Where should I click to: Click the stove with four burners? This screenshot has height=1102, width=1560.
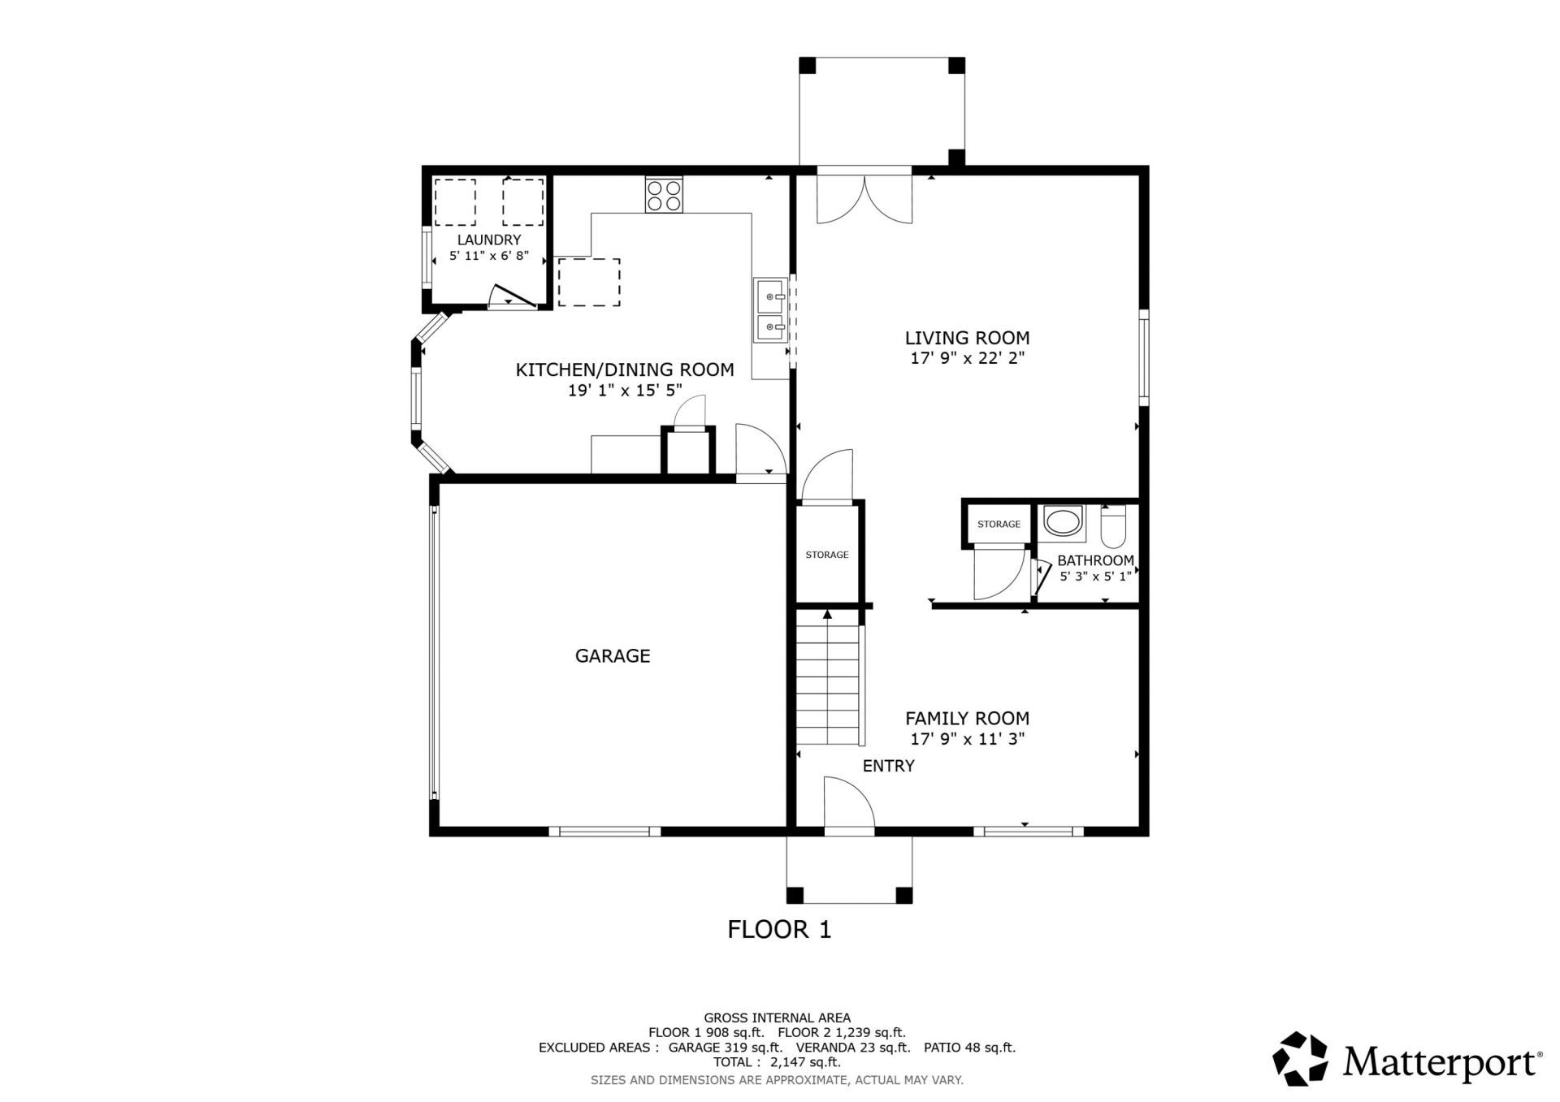pyautogui.click(x=664, y=195)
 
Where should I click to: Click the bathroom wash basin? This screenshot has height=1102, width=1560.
pyautogui.click(x=1063, y=521)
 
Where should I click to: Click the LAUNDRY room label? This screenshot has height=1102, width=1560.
pyautogui.click(x=488, y=240)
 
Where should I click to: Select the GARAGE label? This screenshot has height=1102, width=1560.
pyautogui.click(x=613, y=656)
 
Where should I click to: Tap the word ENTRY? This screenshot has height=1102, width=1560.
pyautogui.click(x=888, y=766)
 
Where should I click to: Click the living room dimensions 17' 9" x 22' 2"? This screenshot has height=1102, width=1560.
pyautogui.click(x=967, y=358)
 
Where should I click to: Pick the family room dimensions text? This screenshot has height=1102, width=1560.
pyautogui.click(x=967, y=739)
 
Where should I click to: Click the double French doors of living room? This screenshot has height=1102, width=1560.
pyautogui.click(x=864, y=199)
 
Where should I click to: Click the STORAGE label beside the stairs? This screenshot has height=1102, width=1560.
pyautogui.click(x=826, y=555)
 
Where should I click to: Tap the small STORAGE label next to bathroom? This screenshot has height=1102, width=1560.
pyautogui.click(x=999, y=525)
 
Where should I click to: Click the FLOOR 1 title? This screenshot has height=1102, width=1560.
pyautogui.click(x=779, y=929)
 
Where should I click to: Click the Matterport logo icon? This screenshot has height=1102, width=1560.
pyautogui.click(x=1300, y=1059)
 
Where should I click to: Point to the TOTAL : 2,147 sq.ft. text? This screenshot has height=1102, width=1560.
pyautogui.click(x=777, y=1061)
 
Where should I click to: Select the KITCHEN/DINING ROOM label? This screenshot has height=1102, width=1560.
pyautogui.click(x=625, y=370)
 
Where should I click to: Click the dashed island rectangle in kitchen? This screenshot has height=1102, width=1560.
pyautogui.click(x=589, y=282)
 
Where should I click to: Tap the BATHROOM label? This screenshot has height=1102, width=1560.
pyautogui.click(x=1095, y=561)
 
